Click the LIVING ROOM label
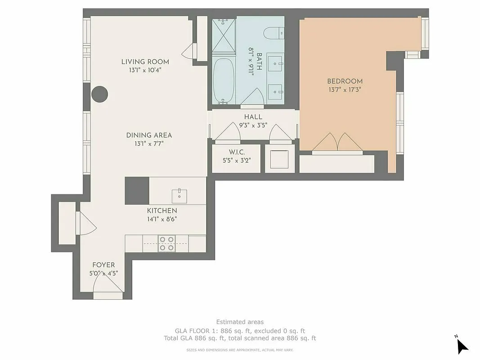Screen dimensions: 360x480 [145, 62]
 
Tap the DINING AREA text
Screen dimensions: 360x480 [149, 135]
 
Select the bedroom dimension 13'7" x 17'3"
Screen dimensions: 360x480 [345, 90]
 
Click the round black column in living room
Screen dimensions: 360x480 [99, 94]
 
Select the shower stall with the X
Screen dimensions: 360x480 [224, 36]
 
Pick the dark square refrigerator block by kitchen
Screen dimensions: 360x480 [137, 191]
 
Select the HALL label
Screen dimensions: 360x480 [253, 117]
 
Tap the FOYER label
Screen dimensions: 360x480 [103, 265]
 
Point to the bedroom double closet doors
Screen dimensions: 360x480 [338, 143]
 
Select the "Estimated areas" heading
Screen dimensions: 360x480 [240, 322]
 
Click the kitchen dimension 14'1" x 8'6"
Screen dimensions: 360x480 [162, 219]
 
